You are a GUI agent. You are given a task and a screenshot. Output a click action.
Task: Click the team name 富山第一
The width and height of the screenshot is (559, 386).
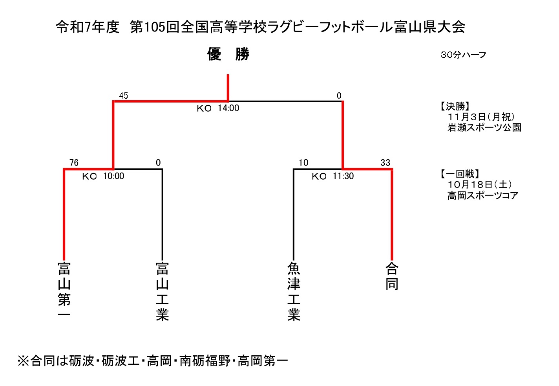coord(64,290)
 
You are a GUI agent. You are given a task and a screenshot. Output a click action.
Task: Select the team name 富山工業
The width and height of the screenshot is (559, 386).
coord(162,291)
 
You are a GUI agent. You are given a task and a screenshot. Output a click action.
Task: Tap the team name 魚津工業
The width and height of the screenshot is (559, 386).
coord(294,291)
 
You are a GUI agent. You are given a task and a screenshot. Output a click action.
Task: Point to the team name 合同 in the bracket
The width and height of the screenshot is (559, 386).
coord(392,276)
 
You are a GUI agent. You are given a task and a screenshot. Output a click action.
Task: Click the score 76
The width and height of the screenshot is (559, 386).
coord(74,163)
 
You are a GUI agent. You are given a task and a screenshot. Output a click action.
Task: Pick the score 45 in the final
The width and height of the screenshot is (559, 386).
coord(123,96)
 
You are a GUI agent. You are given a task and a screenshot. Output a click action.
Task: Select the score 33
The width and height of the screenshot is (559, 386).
coord(385,163)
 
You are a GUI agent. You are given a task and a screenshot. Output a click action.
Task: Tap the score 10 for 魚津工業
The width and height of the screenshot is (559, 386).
coord(303,163)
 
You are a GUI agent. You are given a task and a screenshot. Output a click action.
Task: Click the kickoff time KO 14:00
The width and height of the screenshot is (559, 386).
coord(218,108)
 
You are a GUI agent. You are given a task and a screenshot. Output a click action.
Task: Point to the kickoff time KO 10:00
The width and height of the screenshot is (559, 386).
coord(103,176)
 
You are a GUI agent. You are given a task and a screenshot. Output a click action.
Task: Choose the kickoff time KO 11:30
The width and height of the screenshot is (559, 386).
coord(333,176)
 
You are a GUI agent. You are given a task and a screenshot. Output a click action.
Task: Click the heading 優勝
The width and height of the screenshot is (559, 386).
coord(228,54)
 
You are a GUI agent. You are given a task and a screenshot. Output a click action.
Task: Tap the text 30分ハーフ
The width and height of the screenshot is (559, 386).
coord(463,55)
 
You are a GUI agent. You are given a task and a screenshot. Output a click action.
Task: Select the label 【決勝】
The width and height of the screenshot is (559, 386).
coord(455,107)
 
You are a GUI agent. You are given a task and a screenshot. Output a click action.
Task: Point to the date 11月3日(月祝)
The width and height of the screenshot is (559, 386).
coord(481,117)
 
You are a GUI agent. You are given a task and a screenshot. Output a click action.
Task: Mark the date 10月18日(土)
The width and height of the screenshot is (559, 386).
coord(480,185)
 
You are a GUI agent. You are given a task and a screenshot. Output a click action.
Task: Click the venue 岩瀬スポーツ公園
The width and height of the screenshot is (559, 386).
coord(484,128)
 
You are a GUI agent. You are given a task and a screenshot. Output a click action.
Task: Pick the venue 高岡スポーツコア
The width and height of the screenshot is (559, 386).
coord(483,195)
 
